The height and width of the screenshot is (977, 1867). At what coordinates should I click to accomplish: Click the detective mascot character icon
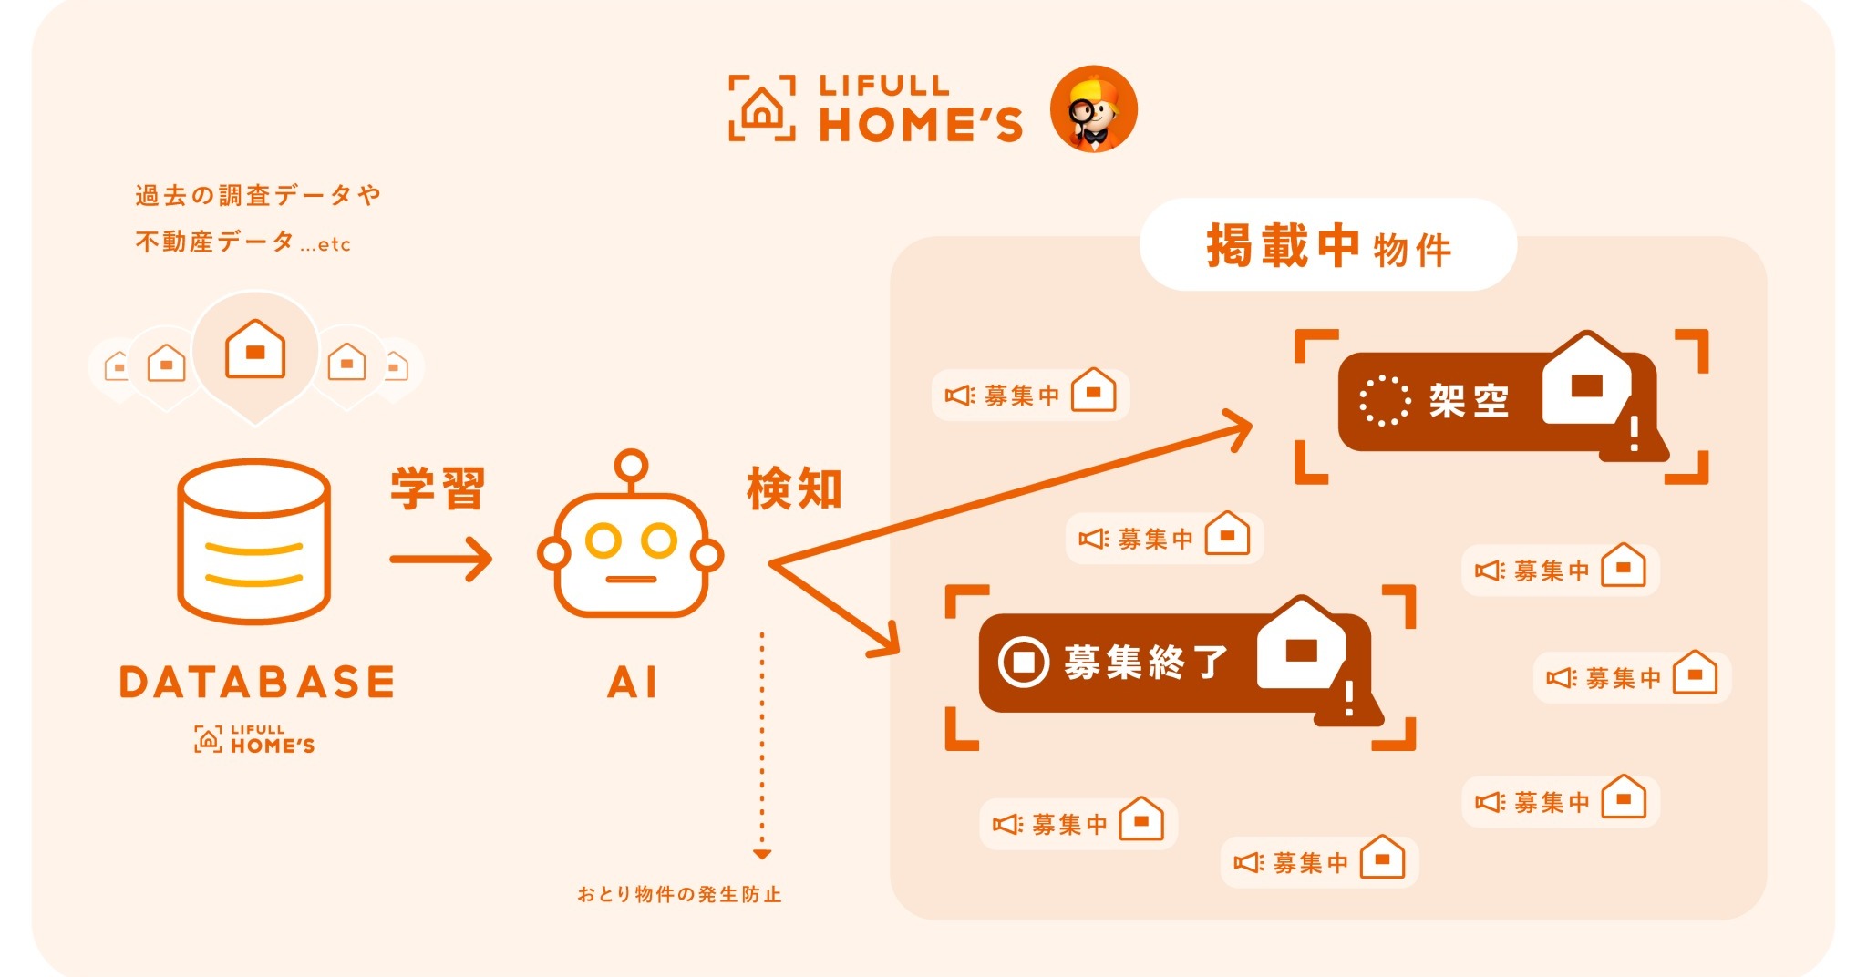(x=1094, y=108)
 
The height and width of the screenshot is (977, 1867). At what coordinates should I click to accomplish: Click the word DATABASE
(x=257, y=683)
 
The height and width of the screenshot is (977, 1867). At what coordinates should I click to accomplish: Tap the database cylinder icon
(x=254, y=540)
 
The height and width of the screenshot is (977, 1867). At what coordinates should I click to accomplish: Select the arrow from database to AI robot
(x=441, y=559)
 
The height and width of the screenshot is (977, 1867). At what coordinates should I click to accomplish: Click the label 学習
(x=438, y=488)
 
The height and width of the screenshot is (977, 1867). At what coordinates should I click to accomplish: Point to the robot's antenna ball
(x=631, y=466)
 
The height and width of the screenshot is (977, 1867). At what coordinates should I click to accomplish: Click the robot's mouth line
(x=631, y=580)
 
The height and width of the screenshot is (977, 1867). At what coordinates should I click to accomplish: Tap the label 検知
(x=794, y=488)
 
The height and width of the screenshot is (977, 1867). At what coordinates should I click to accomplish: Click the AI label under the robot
(x=632, y=683)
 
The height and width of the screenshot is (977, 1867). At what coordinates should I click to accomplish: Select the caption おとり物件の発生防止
(x=679, y=895)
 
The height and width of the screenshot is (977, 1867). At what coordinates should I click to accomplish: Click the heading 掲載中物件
(x=1329, y=246)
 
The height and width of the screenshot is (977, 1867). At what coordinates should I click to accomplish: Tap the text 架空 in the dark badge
(x=1470, y=401)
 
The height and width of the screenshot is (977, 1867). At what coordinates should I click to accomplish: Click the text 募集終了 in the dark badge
(x=1146, y=662)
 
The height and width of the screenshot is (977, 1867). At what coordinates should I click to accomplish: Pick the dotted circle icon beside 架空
(x=1385, y=400)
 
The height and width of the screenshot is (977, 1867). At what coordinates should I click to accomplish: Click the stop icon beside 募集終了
(x=1024, y=662)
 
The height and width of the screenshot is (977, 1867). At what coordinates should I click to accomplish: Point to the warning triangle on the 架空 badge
(x=1635, y=433)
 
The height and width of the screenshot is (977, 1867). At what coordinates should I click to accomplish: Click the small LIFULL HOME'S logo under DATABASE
(x=254, y=739)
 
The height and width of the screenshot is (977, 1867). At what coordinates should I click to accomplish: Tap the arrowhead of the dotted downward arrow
(x=762, y=855)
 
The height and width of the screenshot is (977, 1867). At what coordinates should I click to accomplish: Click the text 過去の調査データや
(x=258, y=195)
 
